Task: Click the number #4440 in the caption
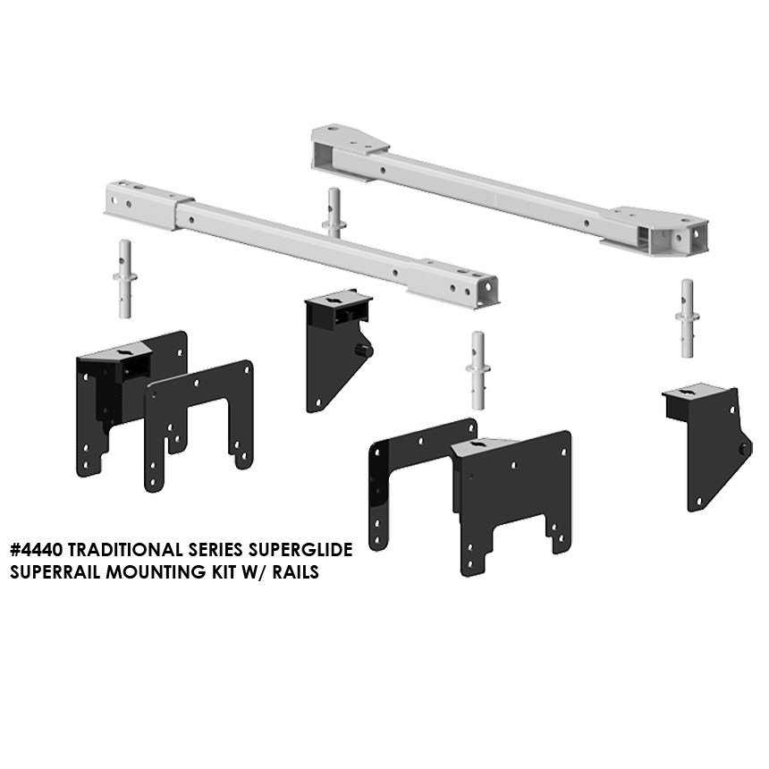tap(37, 550)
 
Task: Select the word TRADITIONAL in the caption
tap(125, 550)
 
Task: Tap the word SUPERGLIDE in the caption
tap(300, 550)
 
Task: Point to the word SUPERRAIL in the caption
tap(55, 572)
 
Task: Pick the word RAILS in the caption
tap(296, 572)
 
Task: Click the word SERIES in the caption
tap(215, 550)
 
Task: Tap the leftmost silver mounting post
tap(125, 279)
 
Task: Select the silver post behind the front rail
tap(334, 211)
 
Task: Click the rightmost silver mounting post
tap(687, 318)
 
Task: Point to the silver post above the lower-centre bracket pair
tap(477, 370)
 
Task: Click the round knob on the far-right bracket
tap(744, 449)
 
